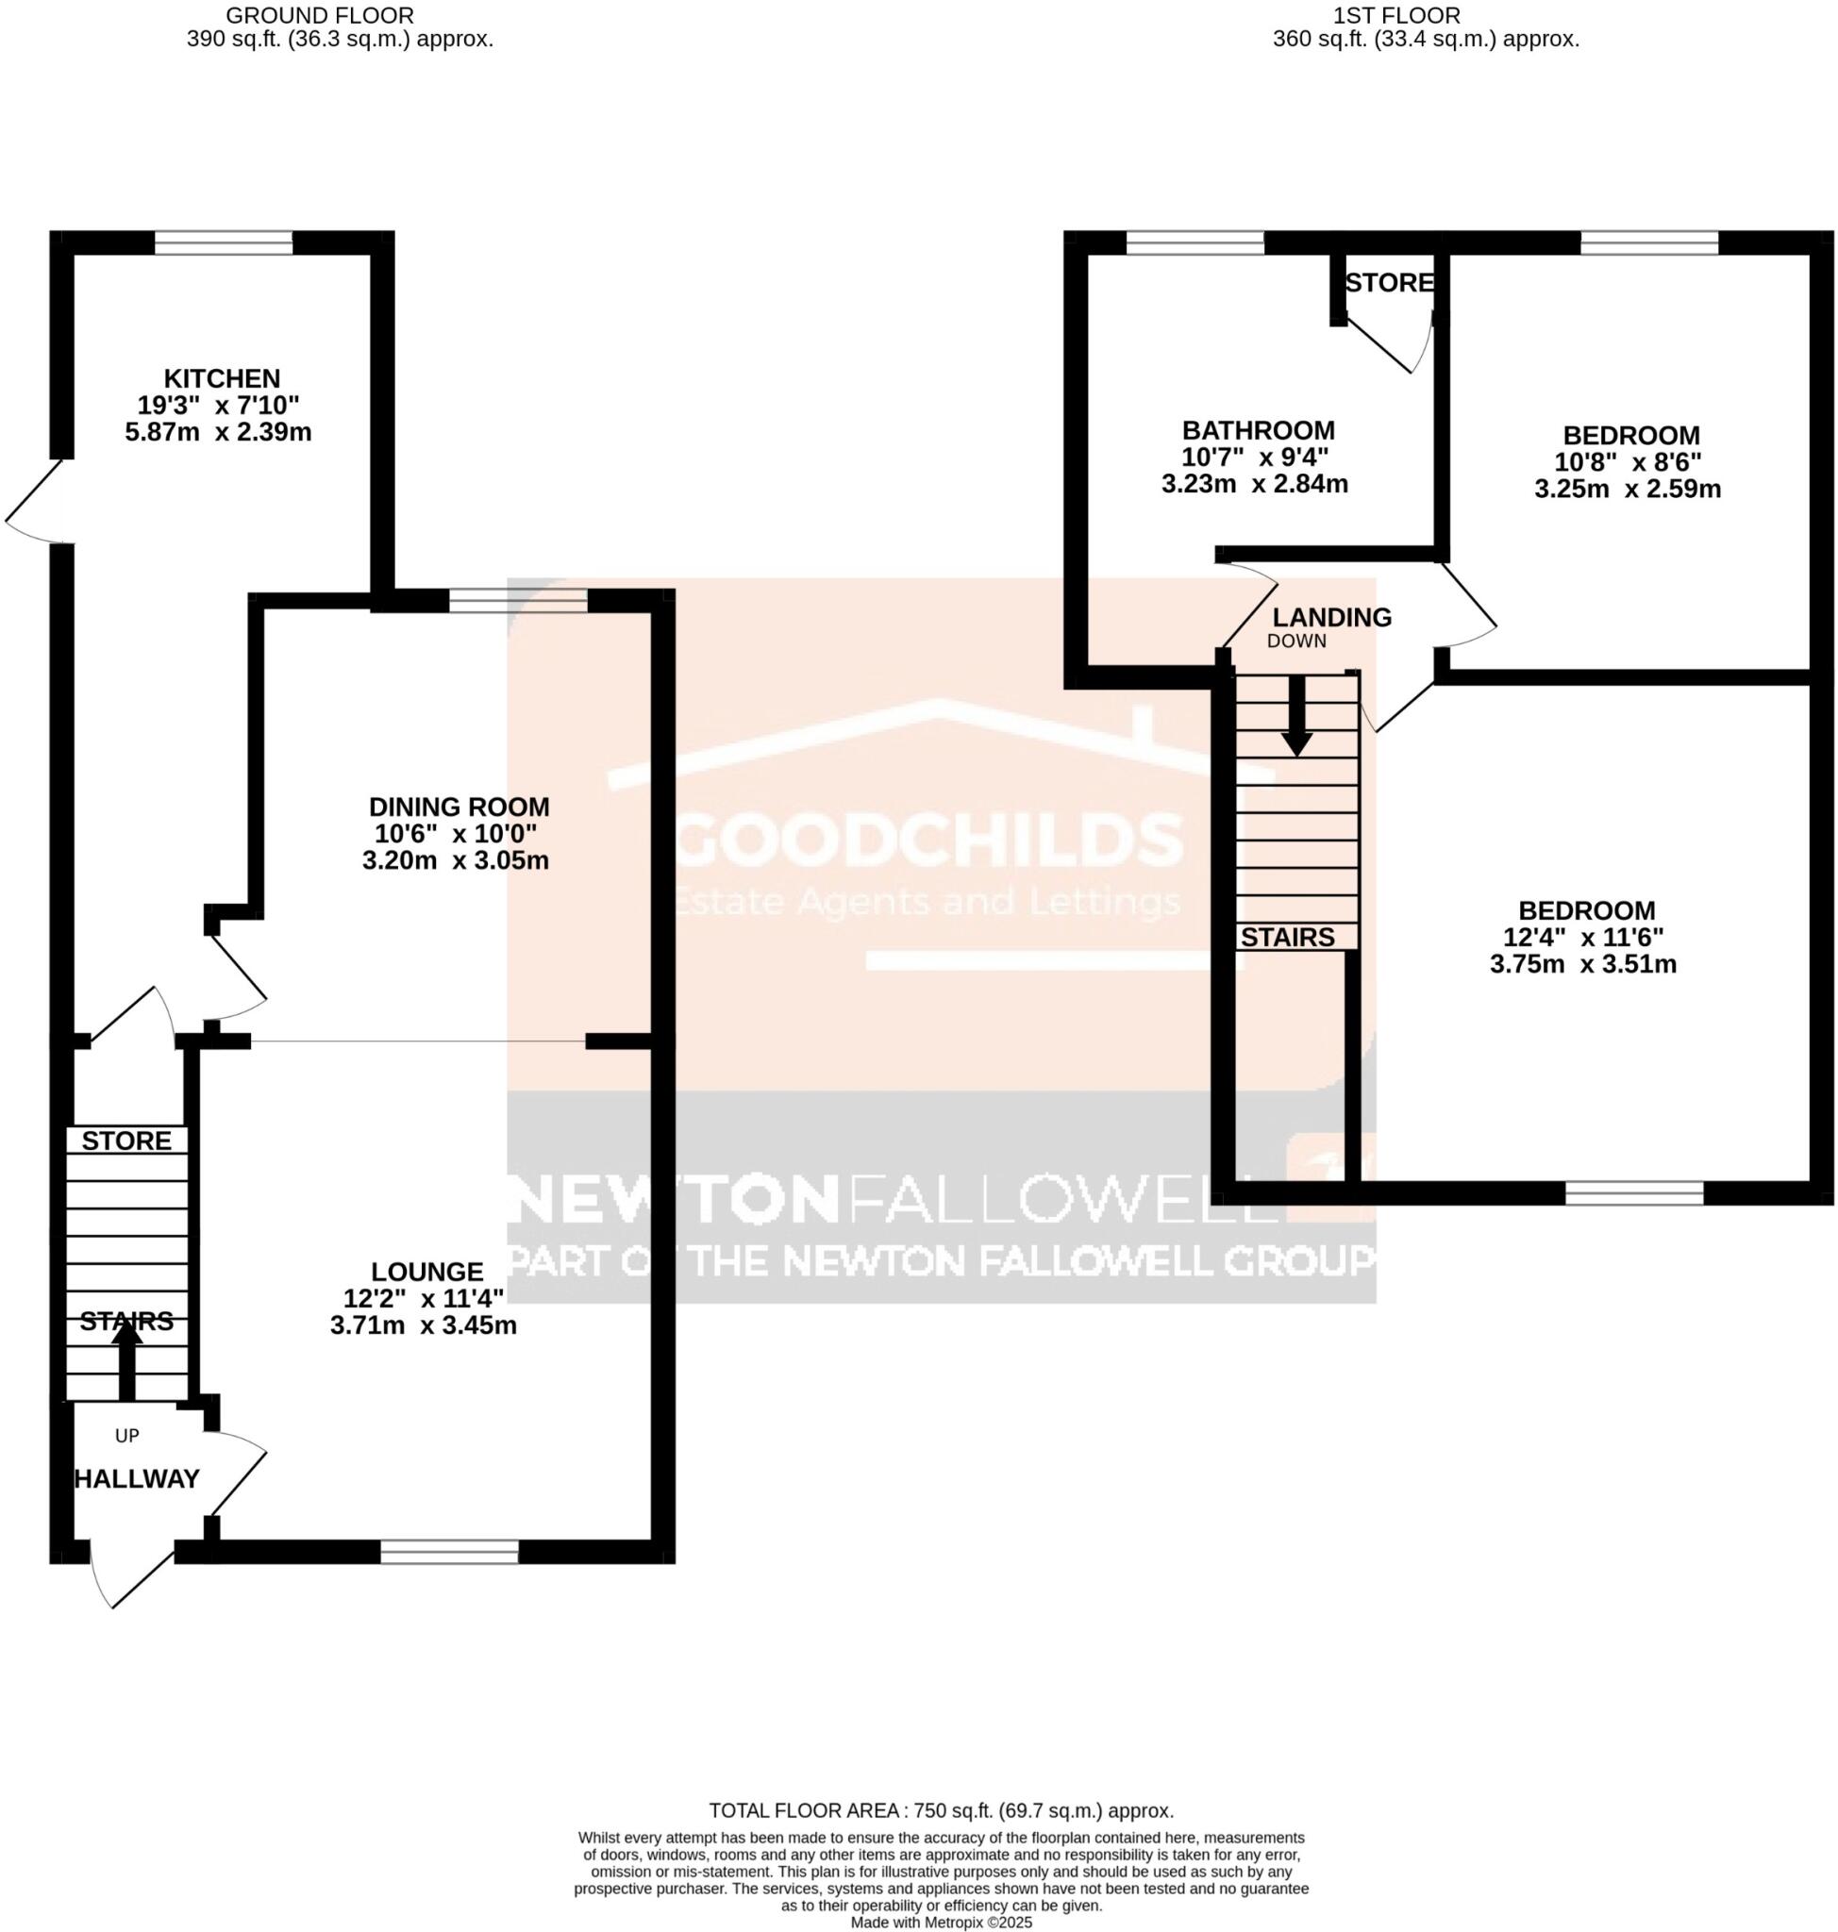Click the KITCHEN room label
click(222, 378)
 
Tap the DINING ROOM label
click(459, 808)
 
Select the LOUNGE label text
click(427, 1272)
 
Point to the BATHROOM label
click(1258, 430)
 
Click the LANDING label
click(1331, 617)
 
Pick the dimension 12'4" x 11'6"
click(1582, 938)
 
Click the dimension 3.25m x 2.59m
click(1628, 489)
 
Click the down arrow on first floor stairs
click(1297, 718)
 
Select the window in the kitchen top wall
click(224, 242)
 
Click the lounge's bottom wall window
click(450, 1551)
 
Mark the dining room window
click(518, 601)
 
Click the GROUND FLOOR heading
click(320, 16)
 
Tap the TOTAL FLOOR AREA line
click(941, 1810)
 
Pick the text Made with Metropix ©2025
click(941, 1923)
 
